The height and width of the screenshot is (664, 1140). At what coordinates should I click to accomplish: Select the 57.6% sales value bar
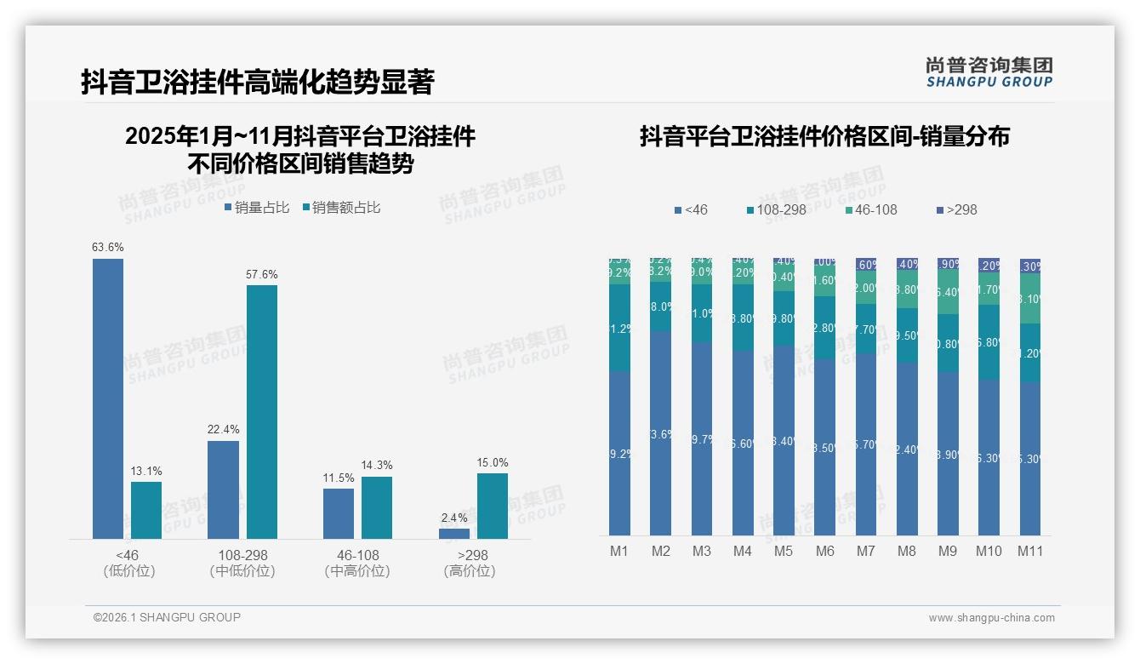click(x=262, y=412)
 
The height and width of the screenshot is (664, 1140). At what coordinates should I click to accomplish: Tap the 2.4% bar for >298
click(x=454, y=534)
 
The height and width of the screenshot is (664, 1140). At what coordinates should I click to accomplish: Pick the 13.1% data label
click(x=146, y=471)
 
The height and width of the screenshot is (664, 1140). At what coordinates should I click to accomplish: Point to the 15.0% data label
click(x=493, y=462)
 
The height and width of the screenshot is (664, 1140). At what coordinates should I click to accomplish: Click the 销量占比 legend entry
click(x=257, y=208)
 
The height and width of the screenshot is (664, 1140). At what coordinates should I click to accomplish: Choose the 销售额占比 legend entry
click(x=341, y=208)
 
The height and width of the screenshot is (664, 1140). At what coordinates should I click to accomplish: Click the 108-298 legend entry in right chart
click(x=777, y=209)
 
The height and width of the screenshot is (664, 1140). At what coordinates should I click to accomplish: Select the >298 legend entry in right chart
click(x=956, y=209)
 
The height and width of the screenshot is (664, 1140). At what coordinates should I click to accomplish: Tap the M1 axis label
click(x=619, y=551)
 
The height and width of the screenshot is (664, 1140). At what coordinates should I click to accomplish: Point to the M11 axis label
click(x=1030, y=551)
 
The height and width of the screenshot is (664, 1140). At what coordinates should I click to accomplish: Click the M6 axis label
click(x=825, y=551)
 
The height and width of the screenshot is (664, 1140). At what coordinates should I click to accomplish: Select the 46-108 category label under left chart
click(x=357, y=555)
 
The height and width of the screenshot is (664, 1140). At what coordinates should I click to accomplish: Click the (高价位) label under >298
click(x=470, y=571)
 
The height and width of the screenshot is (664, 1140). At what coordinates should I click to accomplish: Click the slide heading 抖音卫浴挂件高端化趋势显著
click(x=258, y=82)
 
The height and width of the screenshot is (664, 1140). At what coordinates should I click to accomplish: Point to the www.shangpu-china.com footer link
click(x=991, y=618)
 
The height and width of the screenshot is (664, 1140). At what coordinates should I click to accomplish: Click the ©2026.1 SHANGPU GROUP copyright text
click(x=167, y=617)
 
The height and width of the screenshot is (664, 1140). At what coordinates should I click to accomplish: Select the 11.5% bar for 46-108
click(x=339, y=513)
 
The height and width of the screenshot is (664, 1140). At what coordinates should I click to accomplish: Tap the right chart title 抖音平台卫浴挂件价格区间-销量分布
click(x=824, y=136)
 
